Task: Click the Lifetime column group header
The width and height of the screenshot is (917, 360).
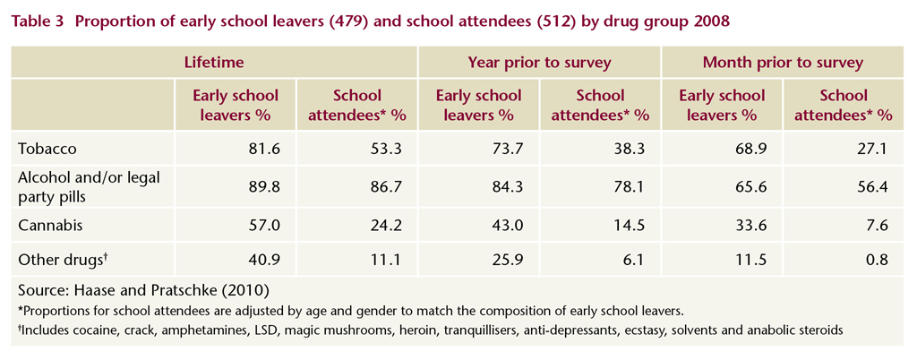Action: point(214,63)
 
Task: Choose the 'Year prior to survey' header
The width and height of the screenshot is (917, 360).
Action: point(538,63)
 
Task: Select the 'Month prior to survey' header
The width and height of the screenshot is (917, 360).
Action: point(783,63)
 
